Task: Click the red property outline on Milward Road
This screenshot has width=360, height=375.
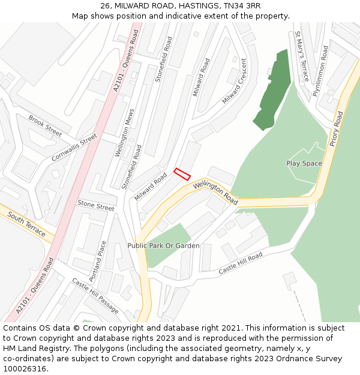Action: click(x=182, y=174)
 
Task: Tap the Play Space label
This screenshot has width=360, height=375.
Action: click(x=304, y=163)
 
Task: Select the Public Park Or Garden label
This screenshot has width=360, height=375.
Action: click(x=163, y=245)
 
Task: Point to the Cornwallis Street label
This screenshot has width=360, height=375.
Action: click(x=74, y=148)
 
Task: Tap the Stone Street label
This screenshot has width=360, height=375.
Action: click(x=95, y=206)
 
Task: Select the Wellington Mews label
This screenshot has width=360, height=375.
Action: click(x=124, y=133)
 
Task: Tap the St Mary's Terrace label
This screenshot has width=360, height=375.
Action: click(x=302, y=57)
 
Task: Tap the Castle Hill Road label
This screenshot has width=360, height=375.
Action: click(x=240, y=263)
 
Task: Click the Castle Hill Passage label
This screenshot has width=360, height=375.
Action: click(x=95, y=295)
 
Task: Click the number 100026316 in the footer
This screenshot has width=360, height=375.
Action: click(x=24, y=368)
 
